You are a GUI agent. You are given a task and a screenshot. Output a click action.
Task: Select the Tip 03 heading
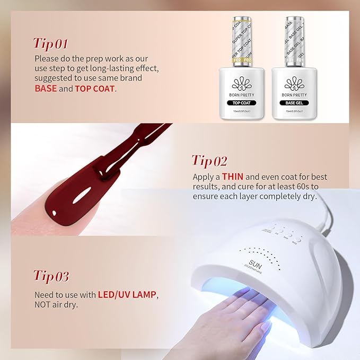51,276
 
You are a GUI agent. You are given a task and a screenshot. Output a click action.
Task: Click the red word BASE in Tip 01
46,89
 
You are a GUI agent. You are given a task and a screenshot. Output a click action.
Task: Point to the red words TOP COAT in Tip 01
95,89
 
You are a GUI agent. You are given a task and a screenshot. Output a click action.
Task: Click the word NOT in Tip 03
43,304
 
